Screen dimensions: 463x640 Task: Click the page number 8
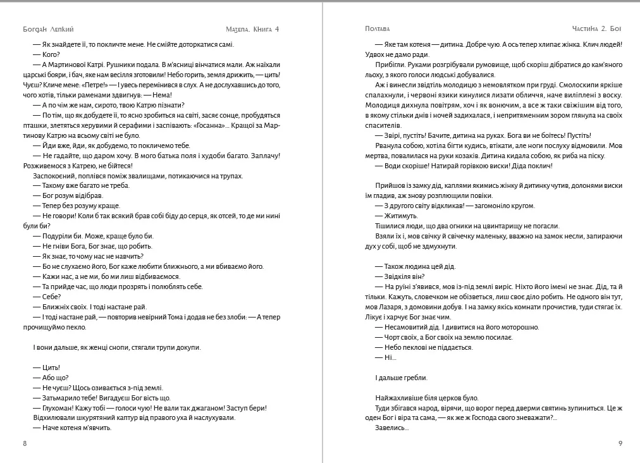point(25,443)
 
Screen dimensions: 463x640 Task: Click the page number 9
point(620,443)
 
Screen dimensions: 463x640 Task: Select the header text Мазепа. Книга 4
point(252,29)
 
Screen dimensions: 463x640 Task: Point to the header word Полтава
point(377,29)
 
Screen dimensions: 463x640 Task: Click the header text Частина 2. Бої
point(596,29)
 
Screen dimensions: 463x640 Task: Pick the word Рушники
point(132,65)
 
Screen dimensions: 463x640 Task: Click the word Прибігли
point(390,65)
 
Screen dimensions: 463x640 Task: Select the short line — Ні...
point(386,357)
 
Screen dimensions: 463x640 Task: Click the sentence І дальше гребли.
point(401,378)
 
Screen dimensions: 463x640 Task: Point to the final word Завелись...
point(391,428)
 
